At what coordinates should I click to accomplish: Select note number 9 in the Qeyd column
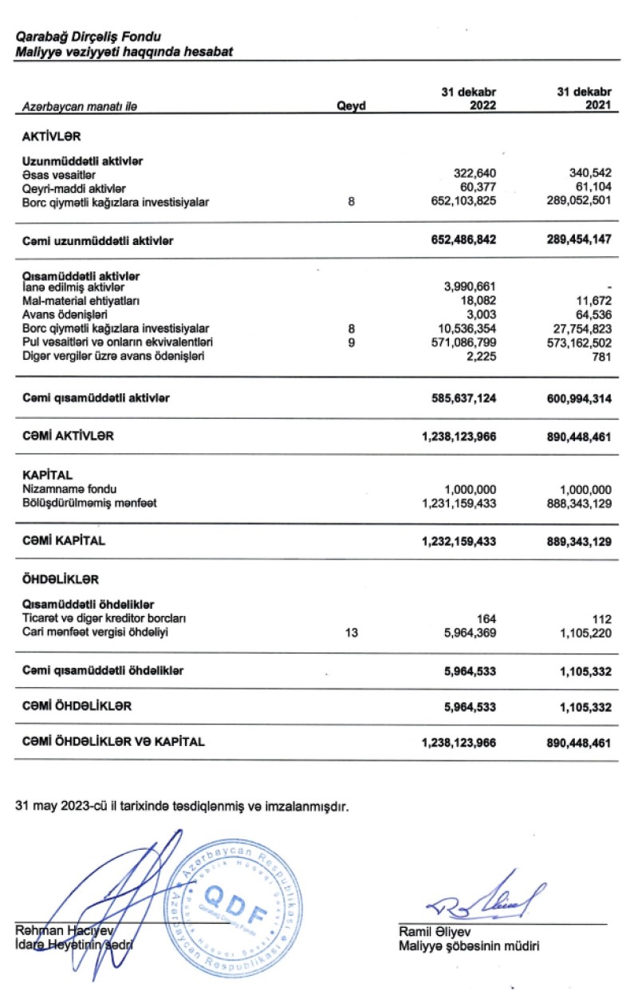pyautogui.click(x=351, y=342)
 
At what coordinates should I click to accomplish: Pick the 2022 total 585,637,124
pyautogui.click(x=459, y=397)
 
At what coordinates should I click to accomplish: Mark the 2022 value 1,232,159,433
pyautogui.click(x=459, y=541)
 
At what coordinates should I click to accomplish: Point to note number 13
pyautogui.click(x=351, y=633)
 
